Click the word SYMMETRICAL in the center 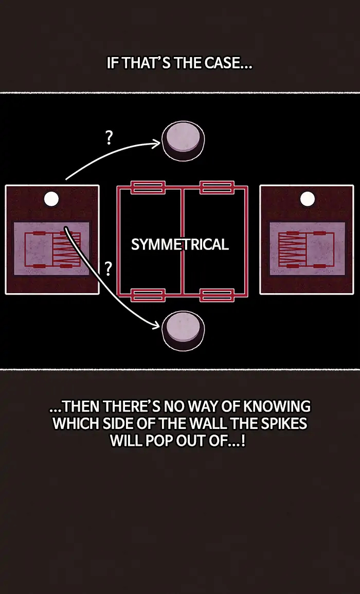[x=180, y=244]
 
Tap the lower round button [x=183, y=331]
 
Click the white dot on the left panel [x=51, y=199]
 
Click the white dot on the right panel [x=308, y=199]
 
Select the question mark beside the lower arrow [x=109, y=268]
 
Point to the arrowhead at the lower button [x=156, y=325]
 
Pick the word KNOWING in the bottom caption [x=277, y=406]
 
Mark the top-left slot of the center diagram [x=148, y=187]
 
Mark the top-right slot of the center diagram [x=217, y=187]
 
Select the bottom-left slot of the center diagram [x=148, y=295]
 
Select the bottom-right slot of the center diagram [x=217, y=295]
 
